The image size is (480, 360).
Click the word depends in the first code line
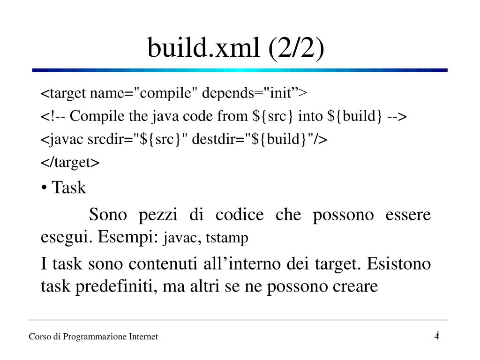tap(227, 93)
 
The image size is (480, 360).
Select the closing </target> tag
tap(70, 162)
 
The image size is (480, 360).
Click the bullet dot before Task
tap(44, 188)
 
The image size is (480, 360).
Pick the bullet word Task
tap(69, 188)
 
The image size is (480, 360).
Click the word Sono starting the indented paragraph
tap(108, 215)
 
